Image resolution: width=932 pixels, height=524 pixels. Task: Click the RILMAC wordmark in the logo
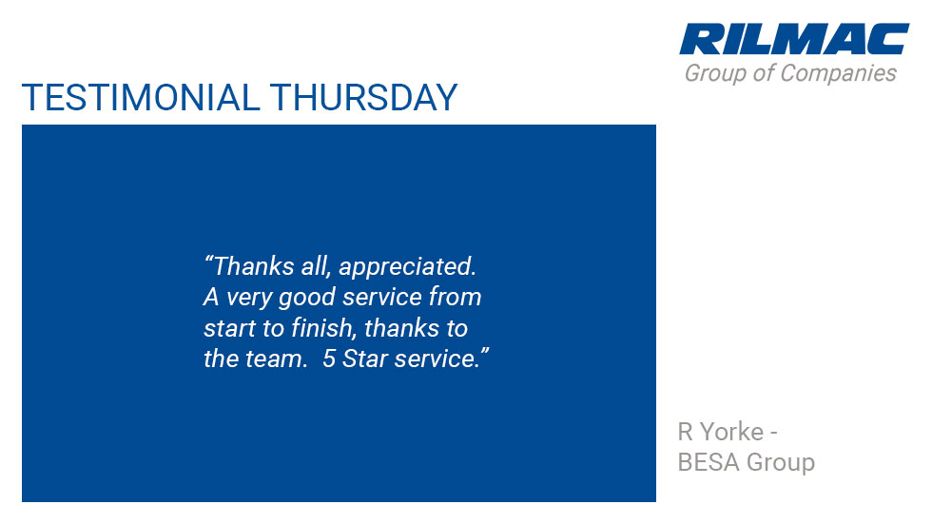[794, 39]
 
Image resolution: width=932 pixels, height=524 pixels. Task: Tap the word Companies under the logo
[838, 73]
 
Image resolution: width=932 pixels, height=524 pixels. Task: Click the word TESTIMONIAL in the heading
[141, 97]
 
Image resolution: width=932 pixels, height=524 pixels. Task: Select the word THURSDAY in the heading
[363, 97]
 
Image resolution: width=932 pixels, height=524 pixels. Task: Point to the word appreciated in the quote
[408, 267]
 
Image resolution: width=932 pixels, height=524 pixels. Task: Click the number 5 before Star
[329, 359]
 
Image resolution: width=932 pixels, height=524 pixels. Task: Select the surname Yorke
[731, 432]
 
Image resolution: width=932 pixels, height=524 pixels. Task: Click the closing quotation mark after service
[485, 352]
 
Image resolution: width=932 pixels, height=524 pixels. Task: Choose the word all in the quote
[315, 266]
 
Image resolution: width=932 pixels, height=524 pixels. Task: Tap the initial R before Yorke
[686, 432]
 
